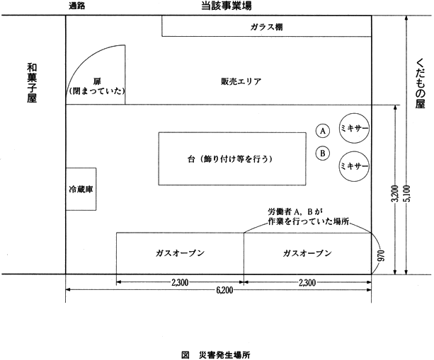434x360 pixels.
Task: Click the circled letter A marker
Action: pyautogui.click(x=322, y=131)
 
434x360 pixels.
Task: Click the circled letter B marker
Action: pyautogui.click(x=322, y=153)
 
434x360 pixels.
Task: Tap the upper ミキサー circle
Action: pyautogui.click(x=354, y=128)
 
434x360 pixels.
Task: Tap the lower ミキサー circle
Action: pyautogui.click(x=354, y=166)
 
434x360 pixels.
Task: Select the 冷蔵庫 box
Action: pyautogui.click(x=81, y=189)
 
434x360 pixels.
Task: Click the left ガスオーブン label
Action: pyautogui.click(x=180, y=253)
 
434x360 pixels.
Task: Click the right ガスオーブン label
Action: pyautogui.click(x=307, y=253)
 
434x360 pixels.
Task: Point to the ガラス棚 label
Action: pyautogui.click(x=266, y=27)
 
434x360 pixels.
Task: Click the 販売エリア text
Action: pyautogui.click(x=241, y=81)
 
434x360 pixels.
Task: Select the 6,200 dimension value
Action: pyautogui.click(x=224, y=290)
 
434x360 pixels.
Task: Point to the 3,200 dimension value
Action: pyautogui.click(x=395, y=194)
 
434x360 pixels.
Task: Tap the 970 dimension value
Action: pyautogui.click(x=381, y=256)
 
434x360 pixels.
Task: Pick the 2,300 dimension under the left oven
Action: pyautogui.click(x=180, y=283)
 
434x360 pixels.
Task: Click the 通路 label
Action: pyautogui.click(x=76, y=6)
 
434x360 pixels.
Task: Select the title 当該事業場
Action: pyautogui.click(x=227, y=6)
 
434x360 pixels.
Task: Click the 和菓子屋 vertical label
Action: pyautogui.click(x=32, y=83)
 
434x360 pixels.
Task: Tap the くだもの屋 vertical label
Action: pyautogui.click(x=420, y=83)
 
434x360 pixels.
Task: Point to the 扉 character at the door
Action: pyautogui.click(x=97, y=81)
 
